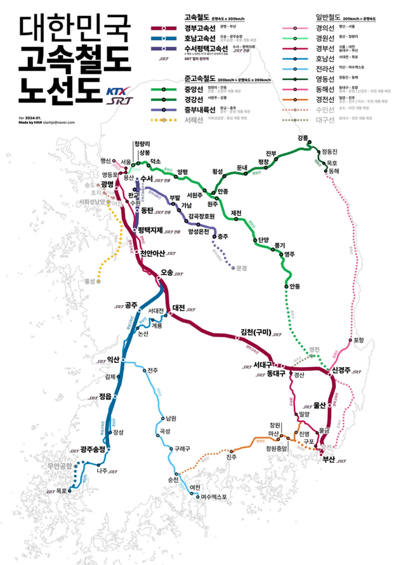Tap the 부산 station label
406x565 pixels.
coord(329,459)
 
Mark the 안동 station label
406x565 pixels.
coord(294,286)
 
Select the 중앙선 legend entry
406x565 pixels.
coord(194,89)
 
